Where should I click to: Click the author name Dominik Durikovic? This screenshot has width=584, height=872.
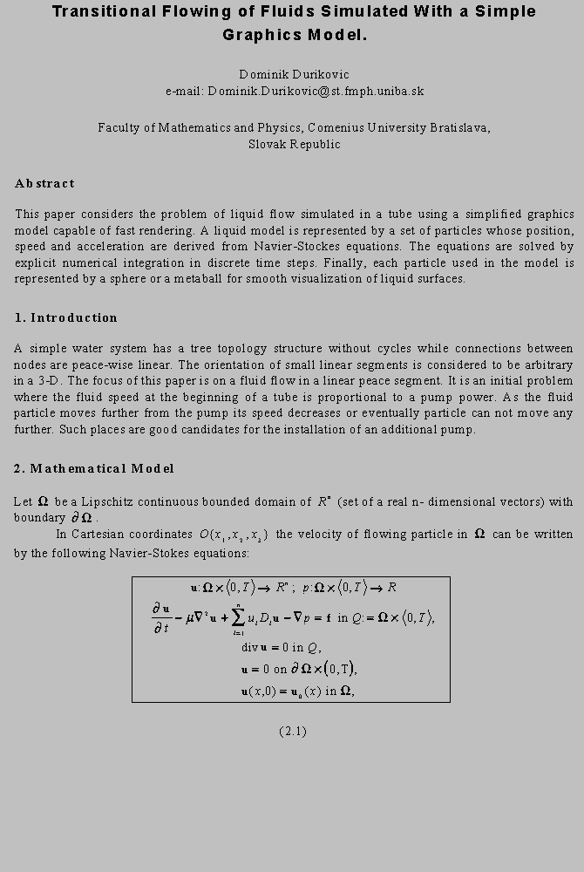pyautogui.click(x=294, y=74)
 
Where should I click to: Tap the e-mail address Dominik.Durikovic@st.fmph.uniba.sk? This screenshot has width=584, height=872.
pyautogui.click(x=316, y=91)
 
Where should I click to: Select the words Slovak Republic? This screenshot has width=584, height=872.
pyautogui.click(x=294, y=144)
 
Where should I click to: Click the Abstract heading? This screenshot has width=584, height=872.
pyautogui.click(x=44, y=183)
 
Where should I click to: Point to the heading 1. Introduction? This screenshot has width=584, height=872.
pyautogui.click(x=65, y=317)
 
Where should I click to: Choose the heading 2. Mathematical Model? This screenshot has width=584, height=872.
pyautogui.click(x=94, y=468)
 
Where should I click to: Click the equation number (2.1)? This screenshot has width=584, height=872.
pyautogui.click(x=293, y=731)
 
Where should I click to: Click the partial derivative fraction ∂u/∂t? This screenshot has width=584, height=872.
pyautogui.click(x=165, y=617)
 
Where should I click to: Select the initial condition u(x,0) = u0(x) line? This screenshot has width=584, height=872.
pyautogui.click(x=296, y=691)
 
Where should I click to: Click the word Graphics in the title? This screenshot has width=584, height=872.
pyautogui.click(x=259, y=36)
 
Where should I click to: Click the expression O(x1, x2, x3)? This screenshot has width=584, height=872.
pyautogui.click(x=233, y=535)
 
